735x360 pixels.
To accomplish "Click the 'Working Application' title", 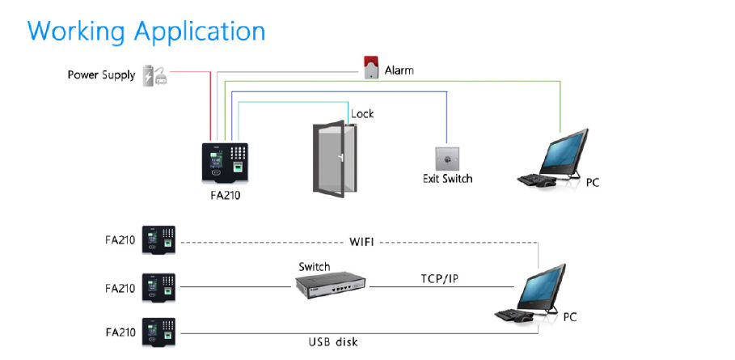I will pos(146,31).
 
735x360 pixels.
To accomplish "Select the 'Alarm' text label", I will pos(399,70).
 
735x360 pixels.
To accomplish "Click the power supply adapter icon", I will pos(154,75).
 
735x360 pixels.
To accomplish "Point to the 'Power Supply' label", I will pos(101,76).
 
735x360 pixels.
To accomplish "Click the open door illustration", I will pos(333,155).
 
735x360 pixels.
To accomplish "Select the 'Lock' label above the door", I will pos(362,114).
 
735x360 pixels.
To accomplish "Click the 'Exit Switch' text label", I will pos(447,178).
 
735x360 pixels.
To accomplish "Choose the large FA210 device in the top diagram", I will pos(226,163).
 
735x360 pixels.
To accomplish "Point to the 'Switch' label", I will pos(314,266).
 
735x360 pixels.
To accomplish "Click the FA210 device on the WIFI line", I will pos(159,239).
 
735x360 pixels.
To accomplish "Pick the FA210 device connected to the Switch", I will pos(159,287).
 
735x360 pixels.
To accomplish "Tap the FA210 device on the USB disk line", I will pos(159,332).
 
